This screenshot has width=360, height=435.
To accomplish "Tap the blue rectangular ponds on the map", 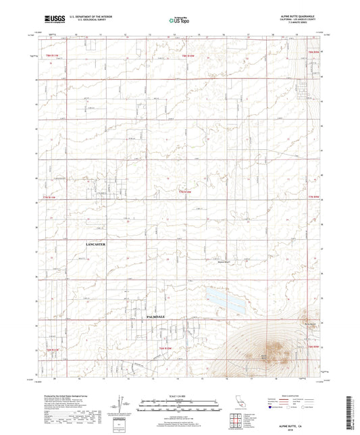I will (226, 301).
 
